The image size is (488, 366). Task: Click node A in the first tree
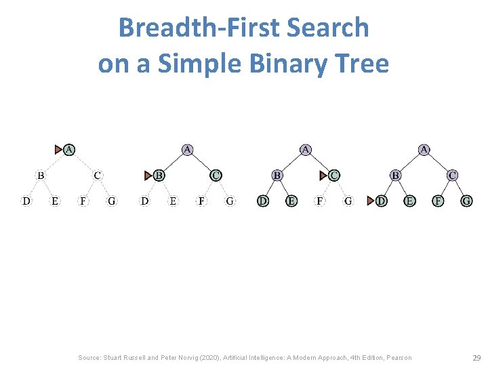tap(69, 148)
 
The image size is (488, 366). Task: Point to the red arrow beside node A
tap(58, 149)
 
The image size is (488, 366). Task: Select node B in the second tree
tap(159, 175)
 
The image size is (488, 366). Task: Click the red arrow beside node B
tap(148, 176)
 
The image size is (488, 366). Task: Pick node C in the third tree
tap(334, 175)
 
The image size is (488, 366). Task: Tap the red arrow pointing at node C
tap(323, 176)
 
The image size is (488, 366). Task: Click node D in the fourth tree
tap(382, 201)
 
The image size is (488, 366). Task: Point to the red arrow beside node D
tap(370, 201)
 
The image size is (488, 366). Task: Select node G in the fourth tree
tap(466, 201)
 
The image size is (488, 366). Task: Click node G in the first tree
tap(111, 201)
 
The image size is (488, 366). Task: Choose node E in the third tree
tap(291, 201)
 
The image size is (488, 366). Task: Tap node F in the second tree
tap(201, 201)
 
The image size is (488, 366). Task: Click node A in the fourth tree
tap(424, 148)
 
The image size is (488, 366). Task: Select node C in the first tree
tap(98, 175)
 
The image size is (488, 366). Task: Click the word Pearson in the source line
tap(397, 357)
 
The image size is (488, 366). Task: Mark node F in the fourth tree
tap(439, 201)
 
